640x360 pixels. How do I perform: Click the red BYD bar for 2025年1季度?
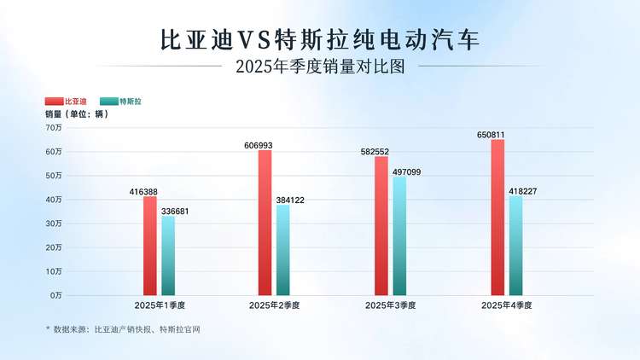150,246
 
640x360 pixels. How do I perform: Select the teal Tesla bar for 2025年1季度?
168,255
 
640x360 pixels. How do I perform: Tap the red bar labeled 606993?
265,223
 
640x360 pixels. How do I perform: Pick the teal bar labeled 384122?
283,249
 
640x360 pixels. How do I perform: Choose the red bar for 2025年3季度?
381,225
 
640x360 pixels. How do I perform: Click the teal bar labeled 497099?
399,235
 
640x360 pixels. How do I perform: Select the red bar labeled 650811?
497,218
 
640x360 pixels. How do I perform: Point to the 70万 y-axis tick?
54,128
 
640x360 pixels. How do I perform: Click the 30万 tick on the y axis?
54,224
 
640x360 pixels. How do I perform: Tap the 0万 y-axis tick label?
55,295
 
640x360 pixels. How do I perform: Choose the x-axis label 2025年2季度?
274,305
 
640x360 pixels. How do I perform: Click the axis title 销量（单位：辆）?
76,114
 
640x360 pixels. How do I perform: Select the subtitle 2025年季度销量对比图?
320,67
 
